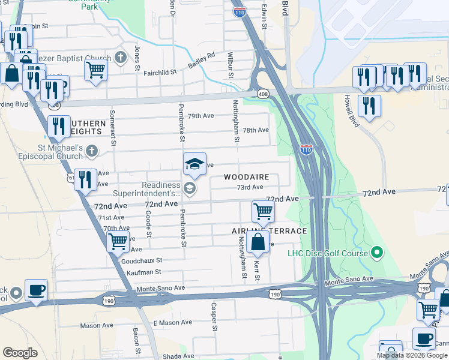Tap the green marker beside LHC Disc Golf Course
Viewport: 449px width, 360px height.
point(377,253)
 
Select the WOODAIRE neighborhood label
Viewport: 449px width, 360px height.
point(247,178)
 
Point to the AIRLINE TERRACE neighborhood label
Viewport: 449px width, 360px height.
point(270,231)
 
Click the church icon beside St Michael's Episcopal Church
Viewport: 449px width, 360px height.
point(91,150)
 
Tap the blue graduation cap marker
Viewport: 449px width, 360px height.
point(194,163)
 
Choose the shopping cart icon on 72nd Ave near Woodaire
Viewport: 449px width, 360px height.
point(263,211)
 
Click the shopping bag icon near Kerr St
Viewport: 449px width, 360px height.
point(258,242)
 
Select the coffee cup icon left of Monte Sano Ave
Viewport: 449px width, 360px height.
point(36,290)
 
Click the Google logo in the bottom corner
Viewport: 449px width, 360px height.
point(20,353)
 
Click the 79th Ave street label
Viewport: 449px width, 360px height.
point(200,116)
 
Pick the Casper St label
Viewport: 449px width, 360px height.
point(213,316)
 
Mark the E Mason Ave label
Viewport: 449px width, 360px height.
point(173,323)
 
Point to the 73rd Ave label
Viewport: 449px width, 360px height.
point(249,187)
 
